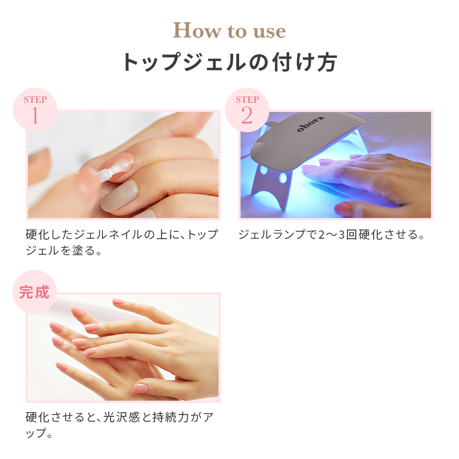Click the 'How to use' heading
229,31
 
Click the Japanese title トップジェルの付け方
229,62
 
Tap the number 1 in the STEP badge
34,116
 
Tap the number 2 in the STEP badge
246,116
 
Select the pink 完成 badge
34,292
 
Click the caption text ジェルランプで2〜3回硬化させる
331,235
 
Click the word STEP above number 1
35,100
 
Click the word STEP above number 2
247,100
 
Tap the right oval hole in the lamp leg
283,178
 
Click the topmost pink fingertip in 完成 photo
118,302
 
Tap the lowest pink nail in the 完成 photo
140,388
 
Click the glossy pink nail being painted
117,161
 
